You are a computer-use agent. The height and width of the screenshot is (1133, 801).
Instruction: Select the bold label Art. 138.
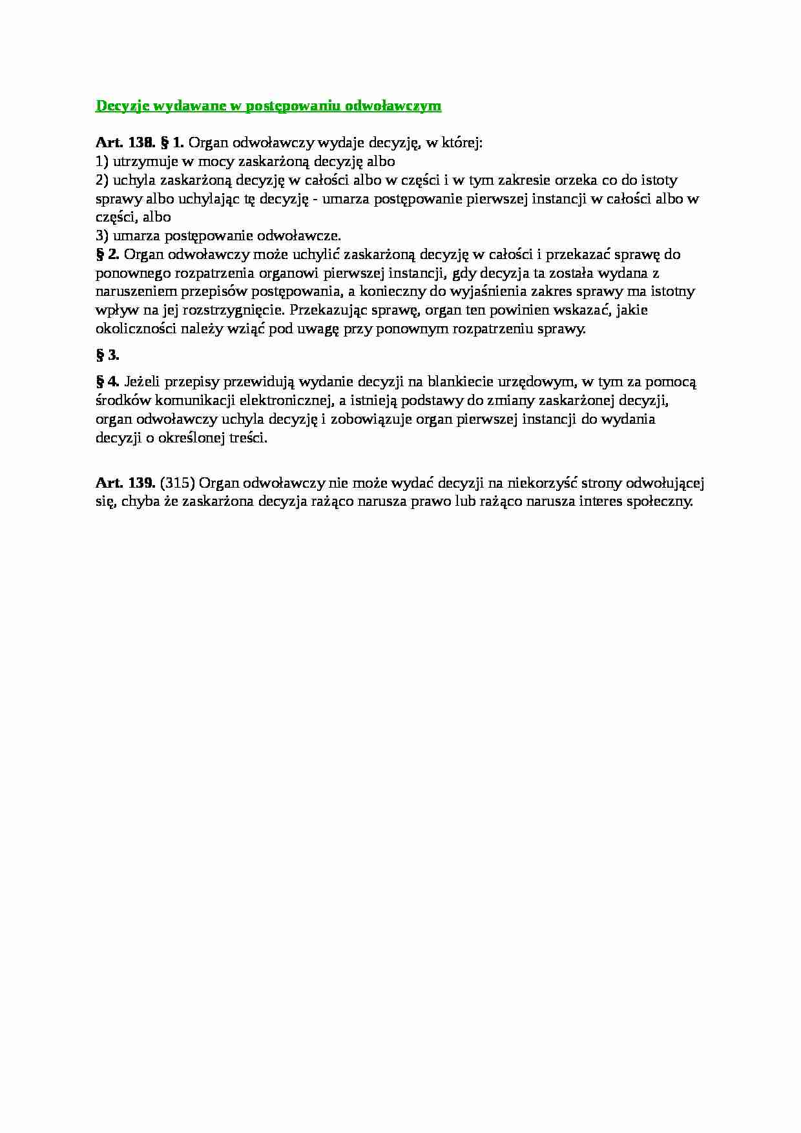(125, 143)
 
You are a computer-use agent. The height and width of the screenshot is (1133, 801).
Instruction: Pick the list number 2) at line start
(102, 180)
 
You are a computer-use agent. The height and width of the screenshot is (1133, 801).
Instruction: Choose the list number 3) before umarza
(102, 236)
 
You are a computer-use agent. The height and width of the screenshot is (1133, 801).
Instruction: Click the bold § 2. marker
(107, 255)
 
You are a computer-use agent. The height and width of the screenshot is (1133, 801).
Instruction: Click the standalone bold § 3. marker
(107, 355)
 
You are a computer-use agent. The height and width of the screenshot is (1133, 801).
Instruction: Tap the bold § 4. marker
(107, 382)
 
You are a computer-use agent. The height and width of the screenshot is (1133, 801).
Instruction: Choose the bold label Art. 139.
(125, 483)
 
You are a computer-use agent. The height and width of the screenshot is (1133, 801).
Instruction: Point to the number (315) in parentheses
(177, 483)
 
